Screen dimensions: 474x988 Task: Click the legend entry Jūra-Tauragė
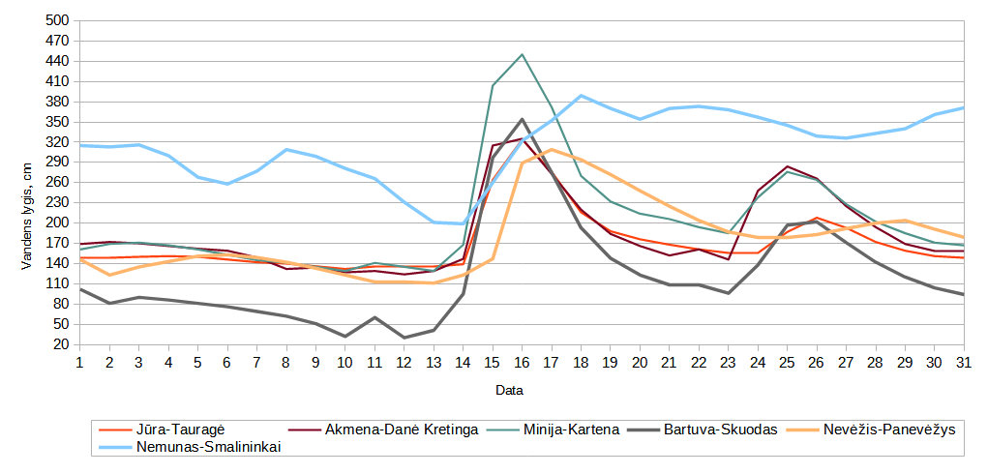tap(181, 430)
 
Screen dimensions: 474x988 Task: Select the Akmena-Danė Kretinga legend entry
tap(402, 430)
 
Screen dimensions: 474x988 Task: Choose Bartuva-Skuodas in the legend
tap(720, 430)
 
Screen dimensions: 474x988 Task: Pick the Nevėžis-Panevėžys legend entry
tap(888, 430)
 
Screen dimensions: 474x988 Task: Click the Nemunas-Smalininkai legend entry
tap(208, 447)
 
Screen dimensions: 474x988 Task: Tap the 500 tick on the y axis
tap(58, 20)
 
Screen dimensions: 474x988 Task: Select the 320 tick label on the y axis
tap(58, 142)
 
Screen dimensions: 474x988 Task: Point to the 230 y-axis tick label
tap(58, 203)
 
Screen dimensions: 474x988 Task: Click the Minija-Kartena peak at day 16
tap(522, 54)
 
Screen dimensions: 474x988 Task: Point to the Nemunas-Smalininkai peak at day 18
tap(581, 96)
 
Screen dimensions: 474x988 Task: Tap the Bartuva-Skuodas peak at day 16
tap(522, 120)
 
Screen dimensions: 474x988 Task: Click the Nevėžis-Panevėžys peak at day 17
tap(552, 150)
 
